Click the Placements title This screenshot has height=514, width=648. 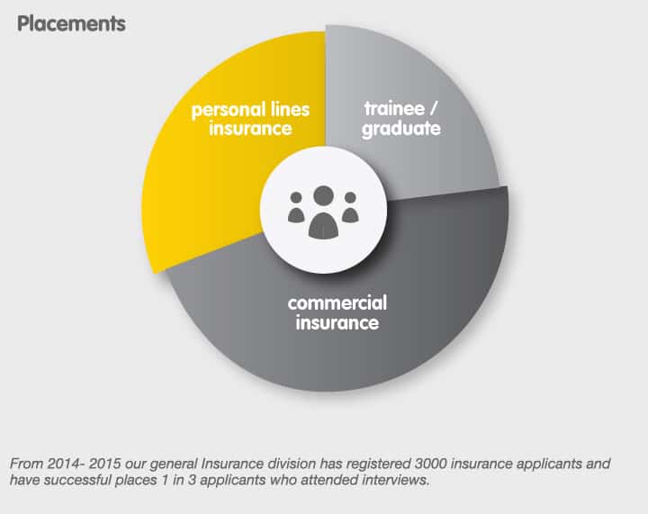[x=71, y=23]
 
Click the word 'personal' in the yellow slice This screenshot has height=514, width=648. [x=228, y=111]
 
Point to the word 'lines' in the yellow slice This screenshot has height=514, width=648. [x=290, y=109]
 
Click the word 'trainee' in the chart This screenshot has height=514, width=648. [x=394, y=109]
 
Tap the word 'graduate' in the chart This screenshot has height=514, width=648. [x=401, y=129]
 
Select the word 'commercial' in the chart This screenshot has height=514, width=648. [x=337, y=302]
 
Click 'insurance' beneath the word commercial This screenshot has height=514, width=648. [x=337, y=322]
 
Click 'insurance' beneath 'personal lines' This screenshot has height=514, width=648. [x=250, y=128]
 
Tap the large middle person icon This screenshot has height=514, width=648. [x=324, y=212]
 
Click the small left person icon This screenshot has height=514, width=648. [x=296, y=207]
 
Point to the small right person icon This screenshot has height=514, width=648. [x=350, y=207]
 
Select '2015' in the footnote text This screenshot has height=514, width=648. [x=104, y=464]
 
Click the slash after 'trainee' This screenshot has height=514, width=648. [x=433, y=109]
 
